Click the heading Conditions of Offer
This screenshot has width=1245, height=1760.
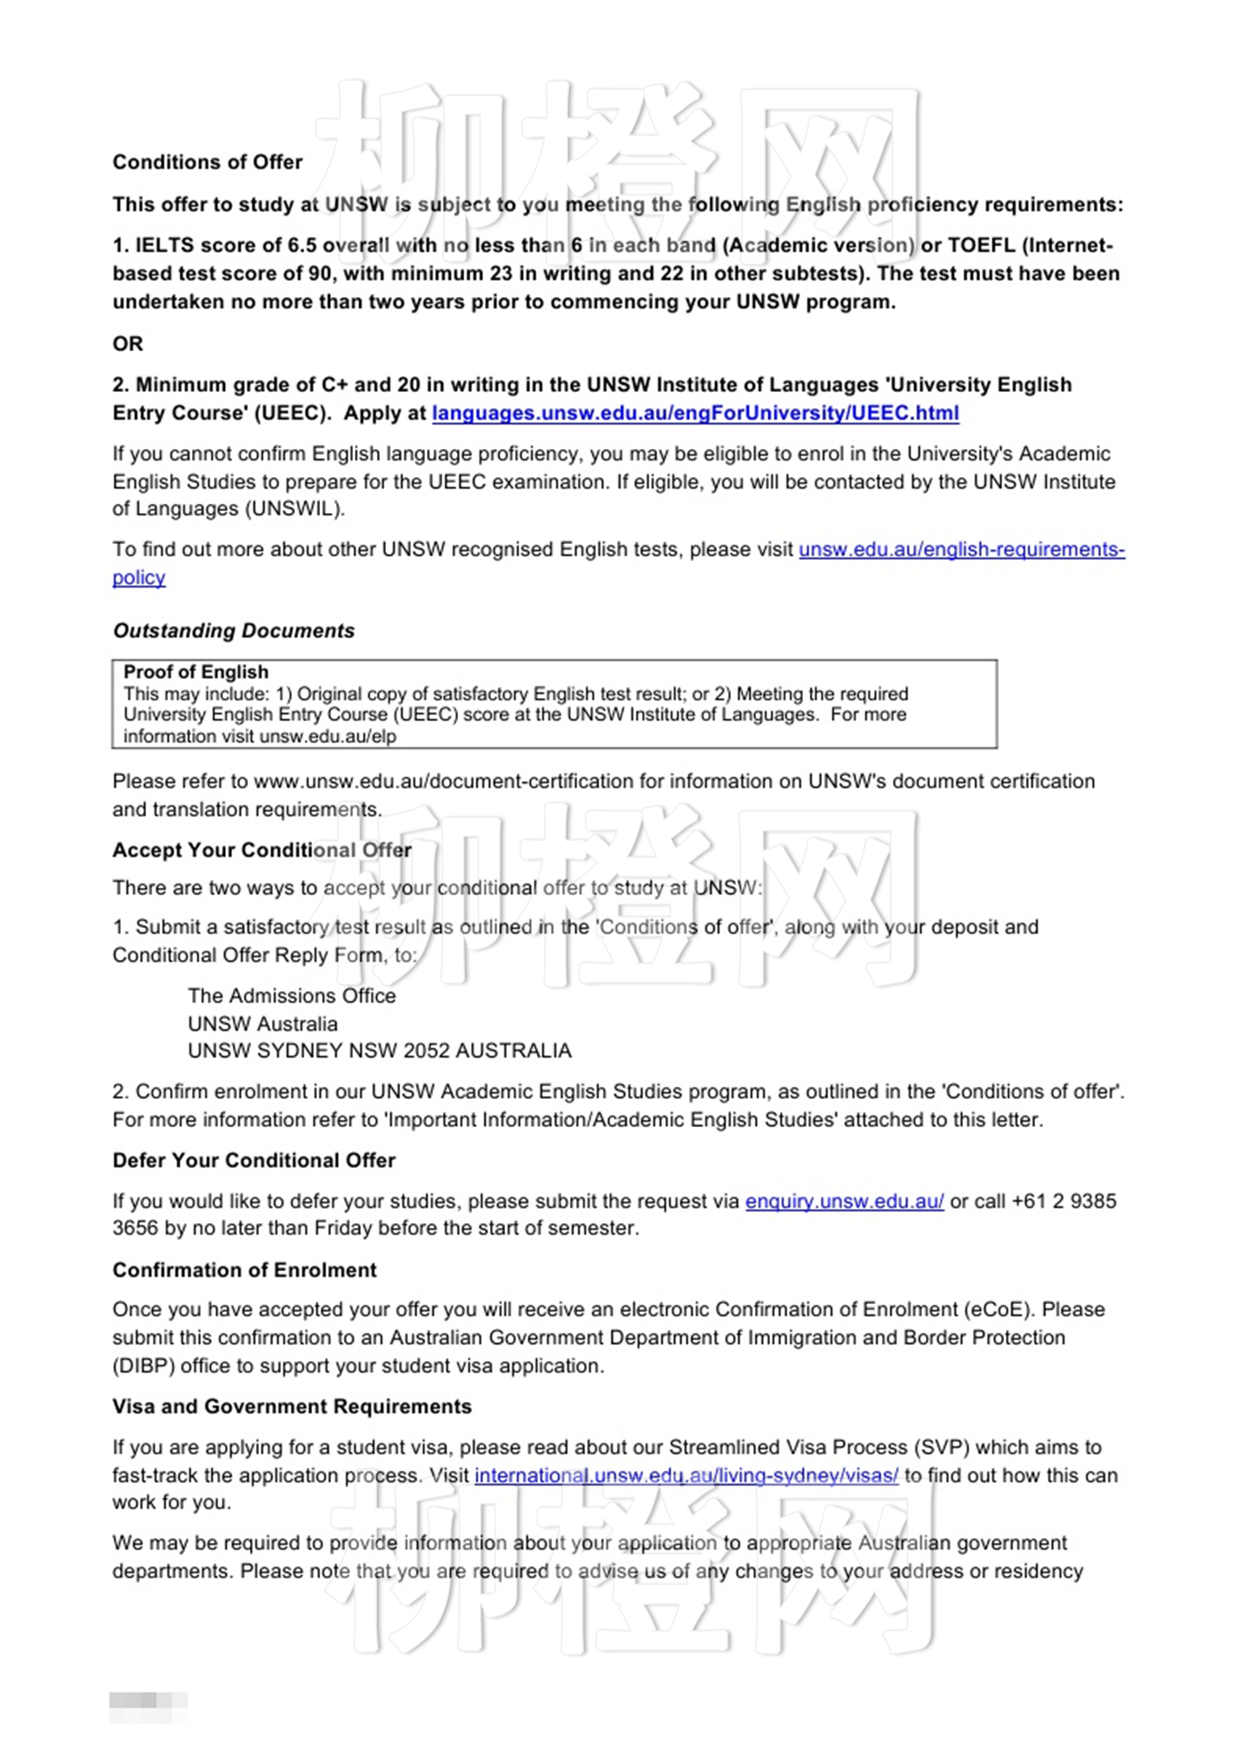click(207, 162)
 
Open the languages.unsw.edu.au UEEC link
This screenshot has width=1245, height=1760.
click(695, 412)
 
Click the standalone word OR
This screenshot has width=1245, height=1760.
click(127, 343)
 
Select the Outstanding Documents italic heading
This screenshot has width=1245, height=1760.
click(233, 630)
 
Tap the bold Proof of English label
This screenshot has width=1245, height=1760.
click(196, 672)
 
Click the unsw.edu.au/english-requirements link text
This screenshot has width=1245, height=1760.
click(960, 549)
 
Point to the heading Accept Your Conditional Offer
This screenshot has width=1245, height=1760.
click(261, 850)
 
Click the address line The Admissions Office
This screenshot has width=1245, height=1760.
click(292, 996)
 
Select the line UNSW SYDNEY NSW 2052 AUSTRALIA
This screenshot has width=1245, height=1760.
click(379, 1051)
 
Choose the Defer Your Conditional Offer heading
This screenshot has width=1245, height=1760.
click(253, 1160)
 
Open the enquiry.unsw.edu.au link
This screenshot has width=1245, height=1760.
click(844, 1201)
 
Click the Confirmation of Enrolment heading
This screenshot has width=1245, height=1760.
click(245, 1269)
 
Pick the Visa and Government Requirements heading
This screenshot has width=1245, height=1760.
click(292, 1406)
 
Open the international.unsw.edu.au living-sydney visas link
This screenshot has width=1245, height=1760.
click(686, 1476)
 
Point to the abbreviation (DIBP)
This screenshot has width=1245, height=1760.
click(143, 1365)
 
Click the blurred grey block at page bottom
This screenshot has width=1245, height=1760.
click(148, 1700)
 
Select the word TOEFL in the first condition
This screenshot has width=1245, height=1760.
click(981, 245)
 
